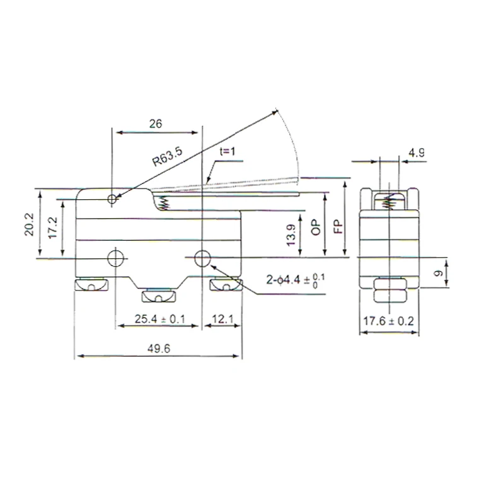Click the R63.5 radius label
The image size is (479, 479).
point(167,156)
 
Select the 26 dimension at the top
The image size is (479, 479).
point(156,124)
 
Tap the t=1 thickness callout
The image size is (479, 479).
point(228,151)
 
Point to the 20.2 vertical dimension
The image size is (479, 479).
point(30,224)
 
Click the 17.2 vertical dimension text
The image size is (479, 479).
point(52,228)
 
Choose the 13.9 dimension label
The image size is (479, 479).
point(291,234)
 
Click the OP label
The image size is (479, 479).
point(316,228)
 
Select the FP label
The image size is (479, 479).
point(338,227)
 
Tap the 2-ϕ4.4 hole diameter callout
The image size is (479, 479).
point(296,280)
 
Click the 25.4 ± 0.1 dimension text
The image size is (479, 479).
point(159,319)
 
